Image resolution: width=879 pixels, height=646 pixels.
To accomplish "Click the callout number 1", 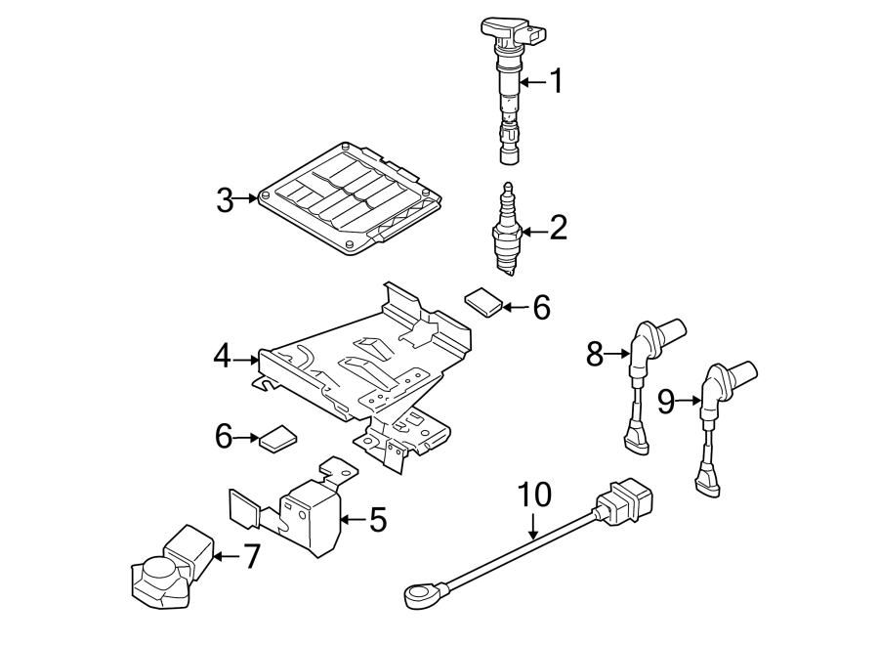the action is tap(556, 81).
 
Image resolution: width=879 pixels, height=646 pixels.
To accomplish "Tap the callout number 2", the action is tap(559, 229).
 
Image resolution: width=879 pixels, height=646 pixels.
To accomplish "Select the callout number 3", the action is tap(225, 200).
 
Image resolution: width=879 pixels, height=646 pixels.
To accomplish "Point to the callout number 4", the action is tap(223, 356).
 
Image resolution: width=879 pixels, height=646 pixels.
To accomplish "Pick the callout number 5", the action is tap(378, 519).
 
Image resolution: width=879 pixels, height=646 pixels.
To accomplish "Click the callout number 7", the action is tap(251, 556).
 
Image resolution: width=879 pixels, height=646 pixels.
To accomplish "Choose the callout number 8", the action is tap(595, 354).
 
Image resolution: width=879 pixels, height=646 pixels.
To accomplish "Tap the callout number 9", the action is tap(666, 402).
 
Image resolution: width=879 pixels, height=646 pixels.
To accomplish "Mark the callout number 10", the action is tap(534, 495).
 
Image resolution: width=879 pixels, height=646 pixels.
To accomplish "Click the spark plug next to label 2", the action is tap(507, 230).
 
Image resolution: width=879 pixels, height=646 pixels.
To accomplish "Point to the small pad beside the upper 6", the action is tap(483, 302).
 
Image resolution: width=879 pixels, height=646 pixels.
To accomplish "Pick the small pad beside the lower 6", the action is tap(278, 439).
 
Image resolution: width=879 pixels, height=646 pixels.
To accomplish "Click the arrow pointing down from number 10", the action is tap(533, 524).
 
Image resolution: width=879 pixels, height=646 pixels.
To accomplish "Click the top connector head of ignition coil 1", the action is tap(513, 32).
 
